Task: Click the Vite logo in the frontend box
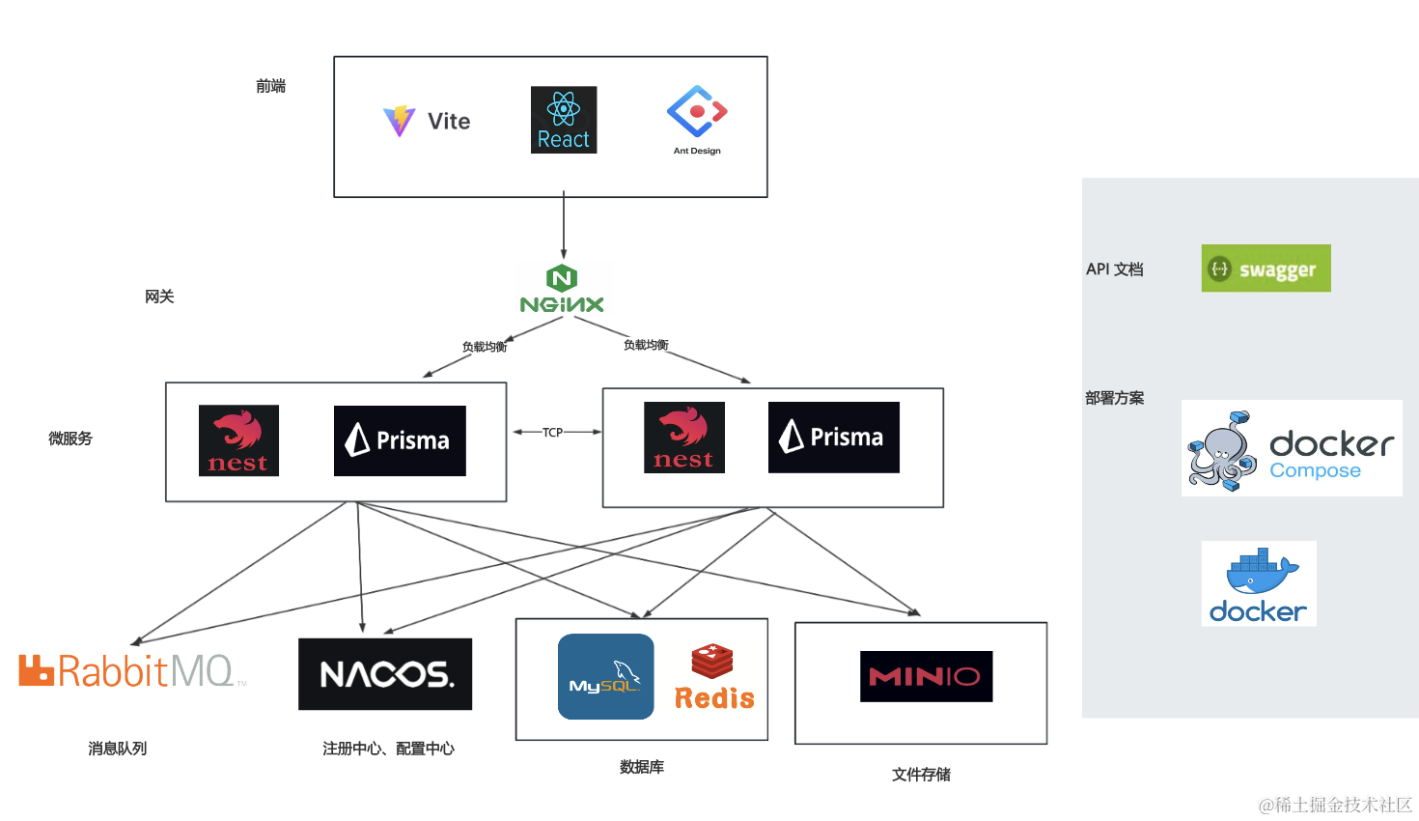click(426, 121)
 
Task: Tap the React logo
click(564, 120)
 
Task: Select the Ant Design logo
click(697, 119)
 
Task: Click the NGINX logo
click(562, 290)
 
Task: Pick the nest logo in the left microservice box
click(238, 440)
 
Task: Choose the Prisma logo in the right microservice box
click(833, 438)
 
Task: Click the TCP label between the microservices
click(552, 433)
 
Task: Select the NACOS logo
click(385, 674)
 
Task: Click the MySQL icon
click(605, 676)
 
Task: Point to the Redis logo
click(713, 677)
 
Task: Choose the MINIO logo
click(926, 676)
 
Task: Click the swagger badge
click(1266, 269)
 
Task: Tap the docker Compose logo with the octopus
click(1291, 448)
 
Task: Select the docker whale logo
click(1258, 583)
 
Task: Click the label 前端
click(270, 86)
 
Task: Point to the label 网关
click(159, 297)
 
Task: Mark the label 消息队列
click(117, 749)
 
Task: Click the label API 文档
click(1114, 269)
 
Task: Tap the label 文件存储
click(921, 775)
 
